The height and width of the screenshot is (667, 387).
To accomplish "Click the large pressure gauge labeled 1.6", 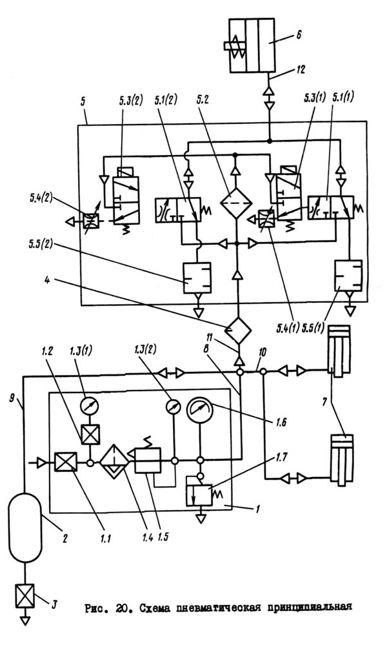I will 199,411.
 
